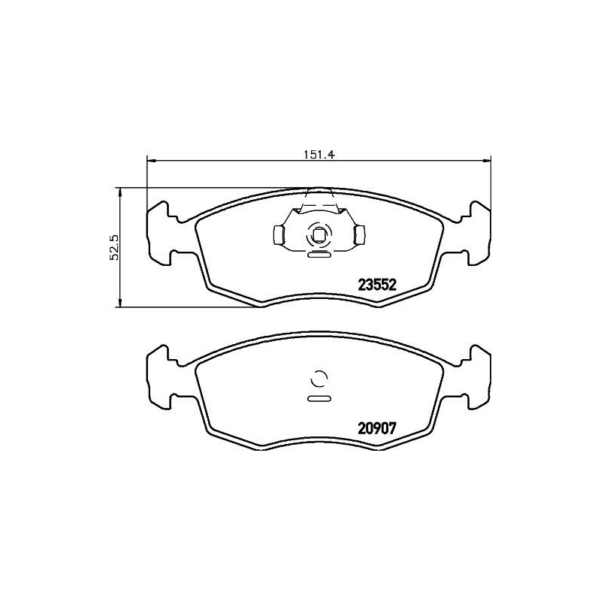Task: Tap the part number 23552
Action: tap(376, 285)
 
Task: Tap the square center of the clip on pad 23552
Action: tap(318, 235)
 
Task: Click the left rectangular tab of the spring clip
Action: tap(277, 236)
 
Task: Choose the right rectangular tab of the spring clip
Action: tap(359, 236)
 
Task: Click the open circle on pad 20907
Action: tap(318, 379)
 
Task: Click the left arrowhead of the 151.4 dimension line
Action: tap(149, 159)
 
